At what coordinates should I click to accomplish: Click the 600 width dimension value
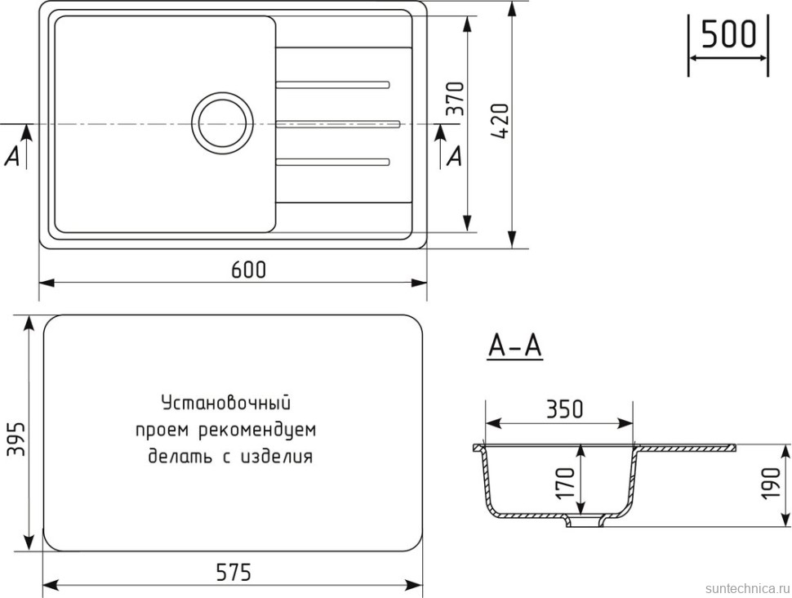click(248, 270)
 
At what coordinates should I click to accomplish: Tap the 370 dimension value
click(456, 98)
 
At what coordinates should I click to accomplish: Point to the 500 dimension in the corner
click(728, 35)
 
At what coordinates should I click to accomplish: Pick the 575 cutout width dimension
click(233, 573)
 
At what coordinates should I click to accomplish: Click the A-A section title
click(514, 346)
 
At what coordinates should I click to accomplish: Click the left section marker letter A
click(12, 157)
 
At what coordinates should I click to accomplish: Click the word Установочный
click(226, 403)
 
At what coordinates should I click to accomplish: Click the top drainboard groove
click(332, 83)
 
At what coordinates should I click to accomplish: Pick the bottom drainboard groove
click(332, 161)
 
